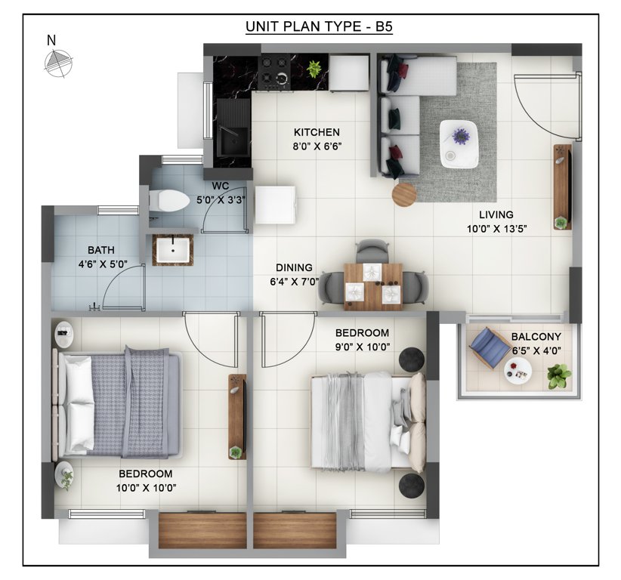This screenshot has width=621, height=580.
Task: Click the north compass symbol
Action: tap(57, 64)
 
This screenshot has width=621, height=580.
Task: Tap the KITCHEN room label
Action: tap(317, 132)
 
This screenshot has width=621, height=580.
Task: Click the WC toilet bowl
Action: tap(168, 200)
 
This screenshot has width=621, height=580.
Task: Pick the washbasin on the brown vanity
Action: tap(173, 248)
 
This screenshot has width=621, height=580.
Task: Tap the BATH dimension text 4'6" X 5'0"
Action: tap(101, 264)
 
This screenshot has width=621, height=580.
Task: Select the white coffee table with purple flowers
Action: tap(459, 143)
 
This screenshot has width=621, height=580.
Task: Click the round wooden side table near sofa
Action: tap(403, 194)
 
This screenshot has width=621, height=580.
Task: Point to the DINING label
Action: tap(293, 267)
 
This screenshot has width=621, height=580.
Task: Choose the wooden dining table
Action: tap(372, 286)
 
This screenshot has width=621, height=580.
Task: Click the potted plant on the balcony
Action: tap(558, 375)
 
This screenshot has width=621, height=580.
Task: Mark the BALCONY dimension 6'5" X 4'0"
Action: tap(537, 349)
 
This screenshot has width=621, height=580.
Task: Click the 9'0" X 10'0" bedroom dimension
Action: tap(363, 347)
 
